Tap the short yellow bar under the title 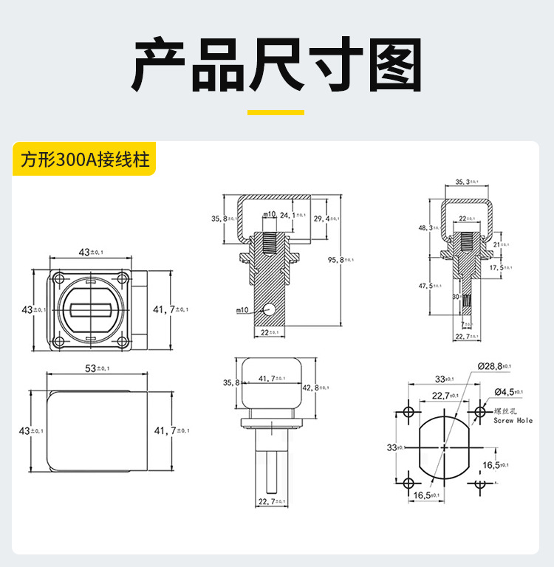[x=276, y=113]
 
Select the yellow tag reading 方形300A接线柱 [x=85, y=160]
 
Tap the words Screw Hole [x=513, y=420]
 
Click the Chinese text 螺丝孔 [x=505, y=410]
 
